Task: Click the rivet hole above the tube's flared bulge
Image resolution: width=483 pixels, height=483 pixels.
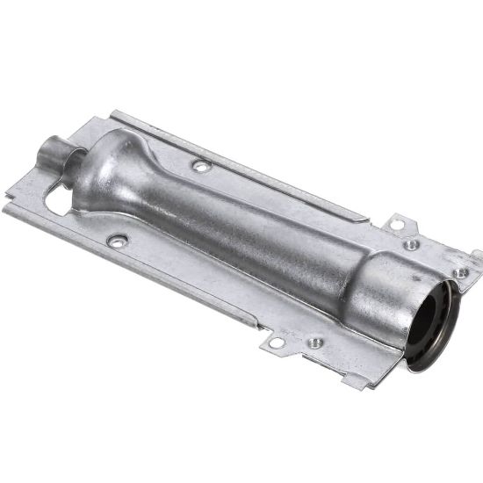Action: [x=200, y=165]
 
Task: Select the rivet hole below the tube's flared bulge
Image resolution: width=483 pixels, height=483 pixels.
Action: [x=116, y=240]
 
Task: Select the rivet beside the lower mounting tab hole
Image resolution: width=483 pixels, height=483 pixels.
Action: [x=314, y=342]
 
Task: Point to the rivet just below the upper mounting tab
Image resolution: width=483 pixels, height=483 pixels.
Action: [x=410, y=245]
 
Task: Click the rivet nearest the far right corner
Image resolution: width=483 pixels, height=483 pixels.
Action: [x=461, y=272]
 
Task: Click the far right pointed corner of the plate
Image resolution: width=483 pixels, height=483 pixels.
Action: [x=479, y=255]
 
